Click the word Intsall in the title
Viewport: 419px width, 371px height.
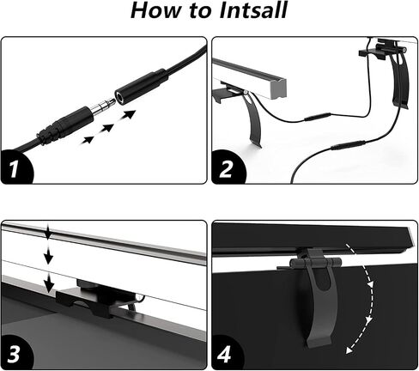point(253,10)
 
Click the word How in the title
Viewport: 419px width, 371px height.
point(156,10)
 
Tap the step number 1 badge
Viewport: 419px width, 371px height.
point(15,168)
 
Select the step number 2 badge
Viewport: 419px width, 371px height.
point(227,168)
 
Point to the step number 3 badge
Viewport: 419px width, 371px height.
point(15,354)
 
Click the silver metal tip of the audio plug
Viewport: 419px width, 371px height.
point(103,106)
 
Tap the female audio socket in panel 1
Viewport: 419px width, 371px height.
point(141,86)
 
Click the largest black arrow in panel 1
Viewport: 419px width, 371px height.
point(128,115)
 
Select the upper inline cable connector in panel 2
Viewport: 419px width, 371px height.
point(317,117)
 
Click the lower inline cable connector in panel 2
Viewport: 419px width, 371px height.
point(348,144)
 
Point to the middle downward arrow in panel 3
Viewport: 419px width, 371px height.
point(49,255)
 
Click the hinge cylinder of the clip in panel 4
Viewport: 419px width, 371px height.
point(316,263)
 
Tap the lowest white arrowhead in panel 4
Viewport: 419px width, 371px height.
point(349,350)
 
